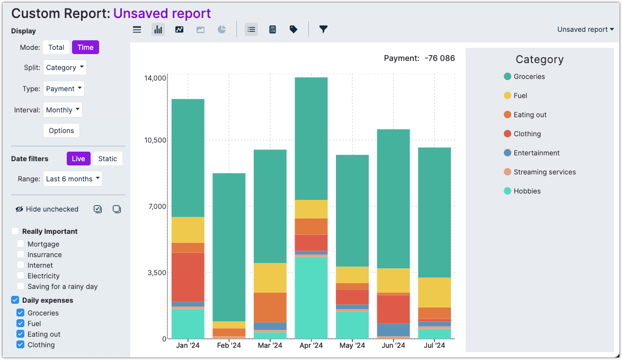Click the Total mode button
click(x=56, y=47)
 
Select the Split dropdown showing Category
click(x=65, y=67)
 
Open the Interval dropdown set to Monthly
click(x=63, y=110)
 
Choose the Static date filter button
click(x=108, y=159)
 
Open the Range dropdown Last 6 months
click(x=73, y=179)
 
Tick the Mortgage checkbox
click(x=21, y=244)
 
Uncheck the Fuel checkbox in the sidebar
click(x=21, y=323)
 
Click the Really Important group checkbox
click(x=15, y=231)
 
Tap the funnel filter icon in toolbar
click(x=323, y=30)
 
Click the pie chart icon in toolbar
click(x=221, y=30)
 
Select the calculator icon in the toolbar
click(x=272, y=30)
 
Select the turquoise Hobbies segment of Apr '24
click(x=311, y=297)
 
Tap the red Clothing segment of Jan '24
click(x=188, y=277)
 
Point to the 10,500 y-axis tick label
click(x=155, y=141)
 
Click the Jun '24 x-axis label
click(x=393, y=346)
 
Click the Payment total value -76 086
click(x=439, y=58)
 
